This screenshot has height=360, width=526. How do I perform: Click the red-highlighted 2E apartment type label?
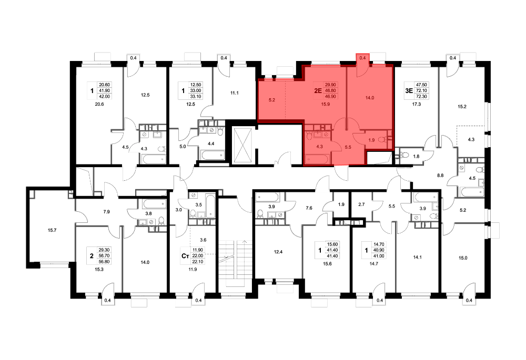click(x=318, y=90)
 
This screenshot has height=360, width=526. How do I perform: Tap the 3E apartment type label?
click(x=409, y=90)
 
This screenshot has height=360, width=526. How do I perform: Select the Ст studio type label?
click(x=185, y=256)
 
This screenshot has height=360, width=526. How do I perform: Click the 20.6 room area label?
click(x=99, y=104)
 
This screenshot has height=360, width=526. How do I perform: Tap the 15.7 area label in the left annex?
click(x=52, y=230)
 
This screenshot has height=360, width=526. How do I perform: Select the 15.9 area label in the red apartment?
click(x=326, y=104)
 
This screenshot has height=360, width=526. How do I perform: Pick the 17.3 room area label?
click(x=416, y=104)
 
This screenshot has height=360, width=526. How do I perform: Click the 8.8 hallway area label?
click(x=440, y=175)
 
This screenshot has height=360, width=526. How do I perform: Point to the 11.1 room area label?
click(x=234, y=93)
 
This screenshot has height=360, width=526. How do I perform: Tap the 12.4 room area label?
click(x=278, y=252)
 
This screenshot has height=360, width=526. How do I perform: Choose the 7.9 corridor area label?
click(x=106, y=212)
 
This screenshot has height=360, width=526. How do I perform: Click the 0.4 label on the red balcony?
click(x=362, y=58)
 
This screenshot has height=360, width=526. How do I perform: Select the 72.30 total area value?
click(x=421, y=97)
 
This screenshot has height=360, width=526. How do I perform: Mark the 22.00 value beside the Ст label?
click(x=198, y=256)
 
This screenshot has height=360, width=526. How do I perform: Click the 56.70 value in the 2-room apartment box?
click(x=104, y=256)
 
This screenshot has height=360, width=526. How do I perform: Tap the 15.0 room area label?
click(x=463, y=258)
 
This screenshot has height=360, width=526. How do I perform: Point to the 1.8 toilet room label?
click(x=416, y=156)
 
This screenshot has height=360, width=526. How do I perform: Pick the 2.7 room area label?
click(x=361, y=204)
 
